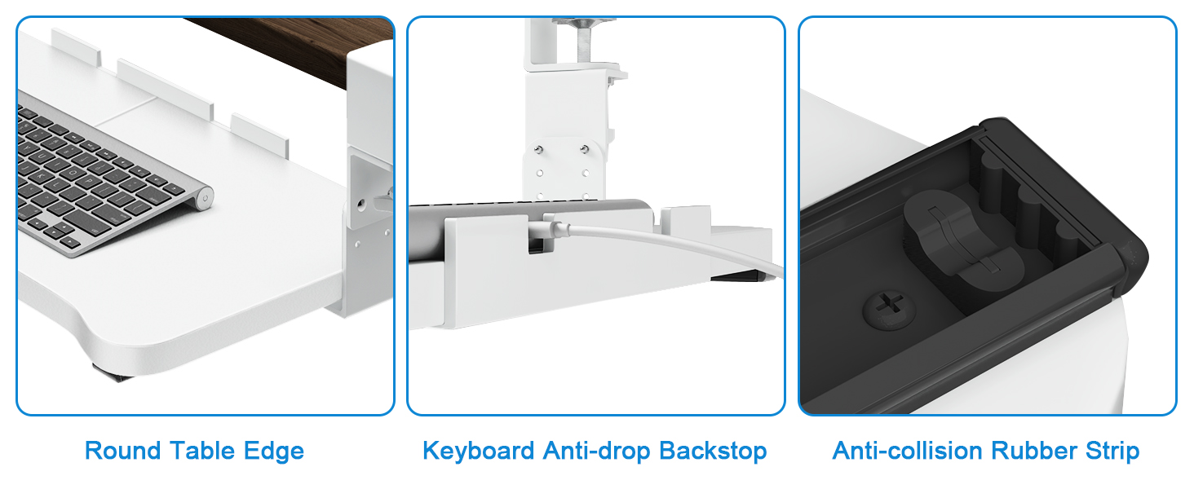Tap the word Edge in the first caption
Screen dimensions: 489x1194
click(273, 451)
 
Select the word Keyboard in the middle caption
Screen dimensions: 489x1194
click(478, 451)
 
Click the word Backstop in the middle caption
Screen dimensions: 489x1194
click(713, 451)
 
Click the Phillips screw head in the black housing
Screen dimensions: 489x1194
click(887, 310)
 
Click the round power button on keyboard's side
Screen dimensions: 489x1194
click(206, 196)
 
